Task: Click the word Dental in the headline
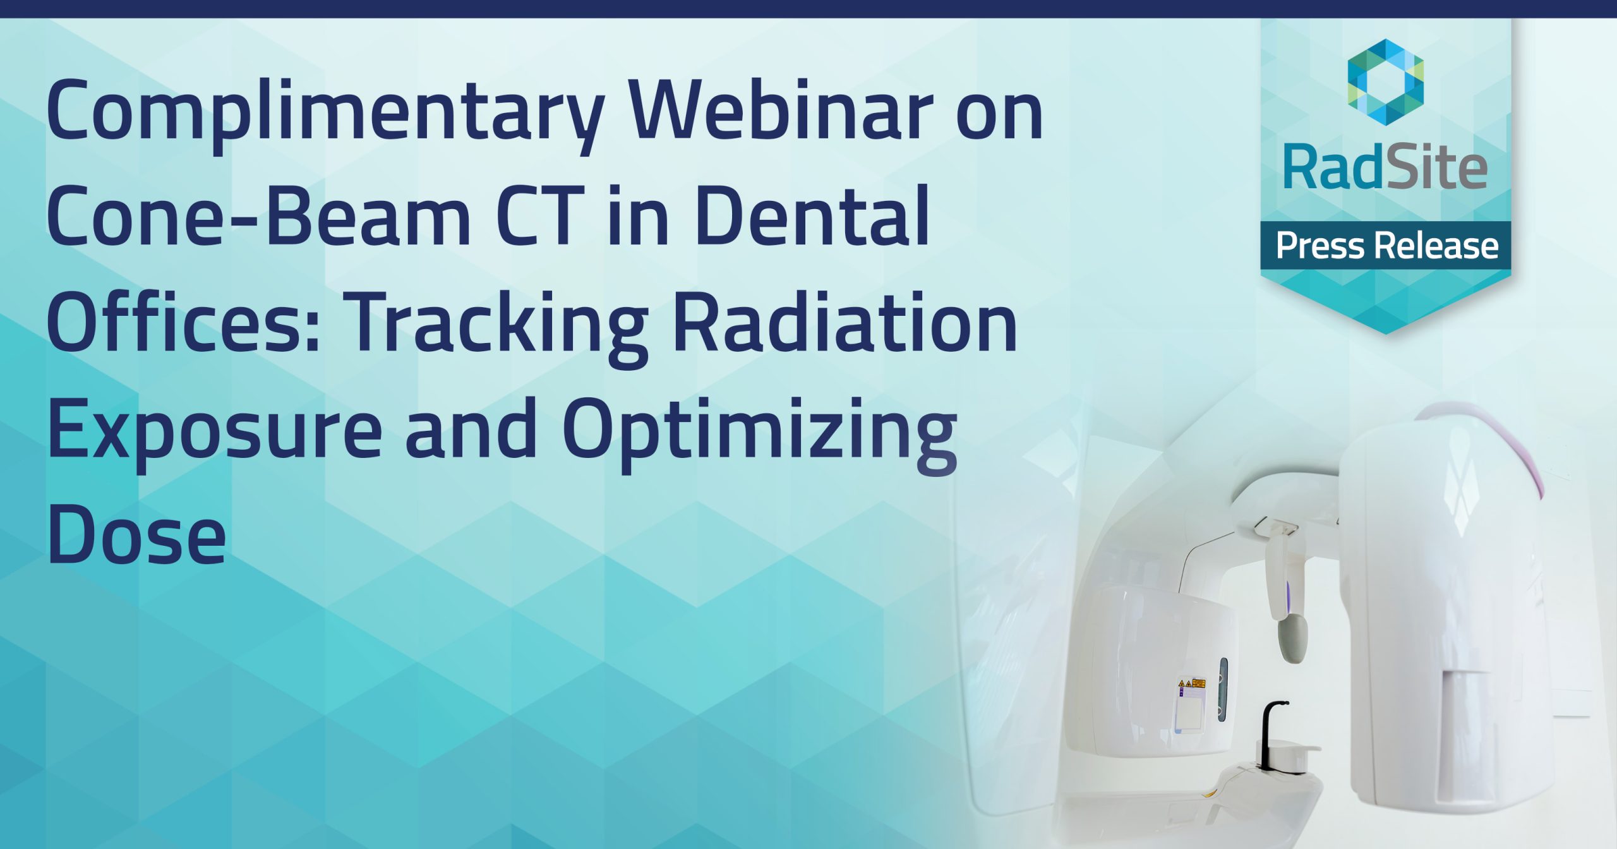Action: click(x=812, y=217)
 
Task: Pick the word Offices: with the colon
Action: click(x=183, y=322)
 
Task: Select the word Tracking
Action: click(x=499, y=325)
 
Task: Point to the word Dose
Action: click(x=136, y=536)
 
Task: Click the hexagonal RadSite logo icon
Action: click(x=1385, y=81)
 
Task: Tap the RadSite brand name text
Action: click(x=1385, y=167)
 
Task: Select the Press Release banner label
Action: click(x=1386, y=246)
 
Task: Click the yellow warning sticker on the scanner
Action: click(x=1191, y=683)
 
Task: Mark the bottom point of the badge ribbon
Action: click(x=1386, y=332)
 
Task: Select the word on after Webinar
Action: click(x=999, y=112)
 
